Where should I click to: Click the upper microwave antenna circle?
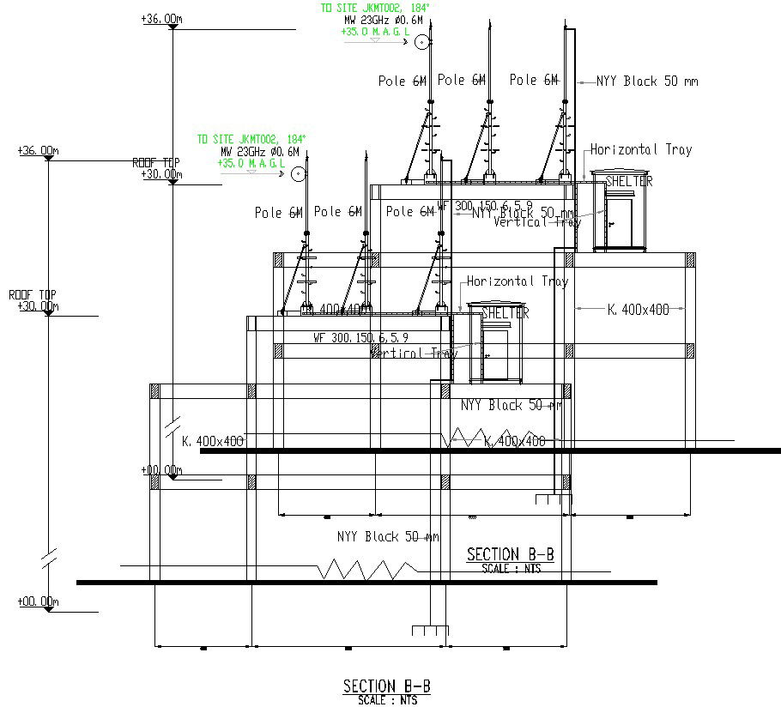tap(421, 42)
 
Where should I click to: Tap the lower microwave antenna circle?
tap(297, 174)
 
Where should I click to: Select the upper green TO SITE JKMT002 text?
tap(374, 8)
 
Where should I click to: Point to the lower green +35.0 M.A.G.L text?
tap(251, 163)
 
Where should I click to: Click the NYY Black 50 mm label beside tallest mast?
tap(648, 82)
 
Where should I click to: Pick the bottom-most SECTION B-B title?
tap(386, 686)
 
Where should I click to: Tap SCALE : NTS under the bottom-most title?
tap(386, 699)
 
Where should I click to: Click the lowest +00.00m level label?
tap(37, 602)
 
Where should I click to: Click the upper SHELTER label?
tap(628, 182)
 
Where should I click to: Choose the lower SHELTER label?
tap(505, 313)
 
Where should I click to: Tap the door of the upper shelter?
tap(619, 221)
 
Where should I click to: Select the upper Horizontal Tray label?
tap(640, 149)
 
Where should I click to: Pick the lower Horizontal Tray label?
tap(517, 281)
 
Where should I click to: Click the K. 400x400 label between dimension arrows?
tap(638, 309)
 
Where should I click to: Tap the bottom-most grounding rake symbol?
tap(430, 631)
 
